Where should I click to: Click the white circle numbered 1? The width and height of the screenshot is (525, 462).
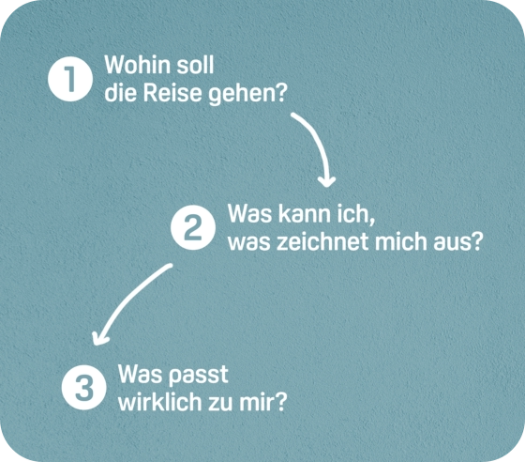tap(70, 79)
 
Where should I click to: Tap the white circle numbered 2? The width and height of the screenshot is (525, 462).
tap(193, 227)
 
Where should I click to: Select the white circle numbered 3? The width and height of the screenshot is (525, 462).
tap(84, 387)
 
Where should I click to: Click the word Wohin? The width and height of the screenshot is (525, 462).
tap(138, 65)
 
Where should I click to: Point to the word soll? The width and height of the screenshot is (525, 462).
tap(195, 65)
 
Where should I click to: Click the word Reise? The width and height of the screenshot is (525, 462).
tap(172, 93)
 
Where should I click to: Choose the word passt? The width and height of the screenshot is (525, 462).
tap(198, 376)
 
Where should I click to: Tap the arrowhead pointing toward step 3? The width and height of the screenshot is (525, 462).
tap(99, 339)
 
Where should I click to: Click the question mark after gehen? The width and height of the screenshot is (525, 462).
tap(281, 93)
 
